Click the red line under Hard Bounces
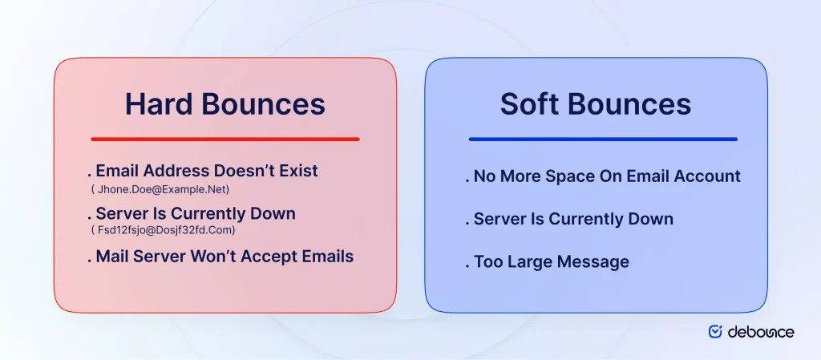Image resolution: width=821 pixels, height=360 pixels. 225,139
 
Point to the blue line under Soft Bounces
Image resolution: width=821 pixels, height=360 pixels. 602,139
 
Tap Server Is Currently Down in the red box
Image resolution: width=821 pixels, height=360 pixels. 195,214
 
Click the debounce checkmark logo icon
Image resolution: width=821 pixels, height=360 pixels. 715,331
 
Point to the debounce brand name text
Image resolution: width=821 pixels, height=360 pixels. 761,331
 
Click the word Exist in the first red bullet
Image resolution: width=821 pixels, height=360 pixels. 297,171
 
